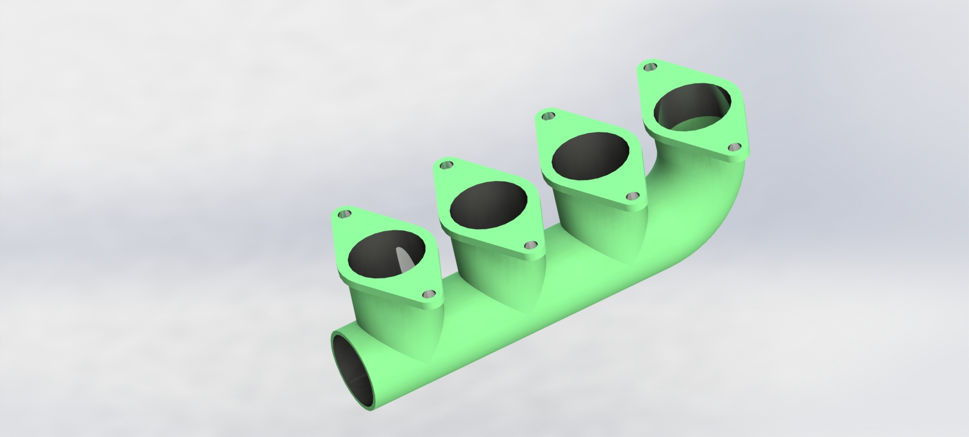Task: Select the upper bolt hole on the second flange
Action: [x=446, y=165]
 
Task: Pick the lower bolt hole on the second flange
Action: [x=530, y=245]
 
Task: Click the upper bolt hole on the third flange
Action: [x=548, y=117]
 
